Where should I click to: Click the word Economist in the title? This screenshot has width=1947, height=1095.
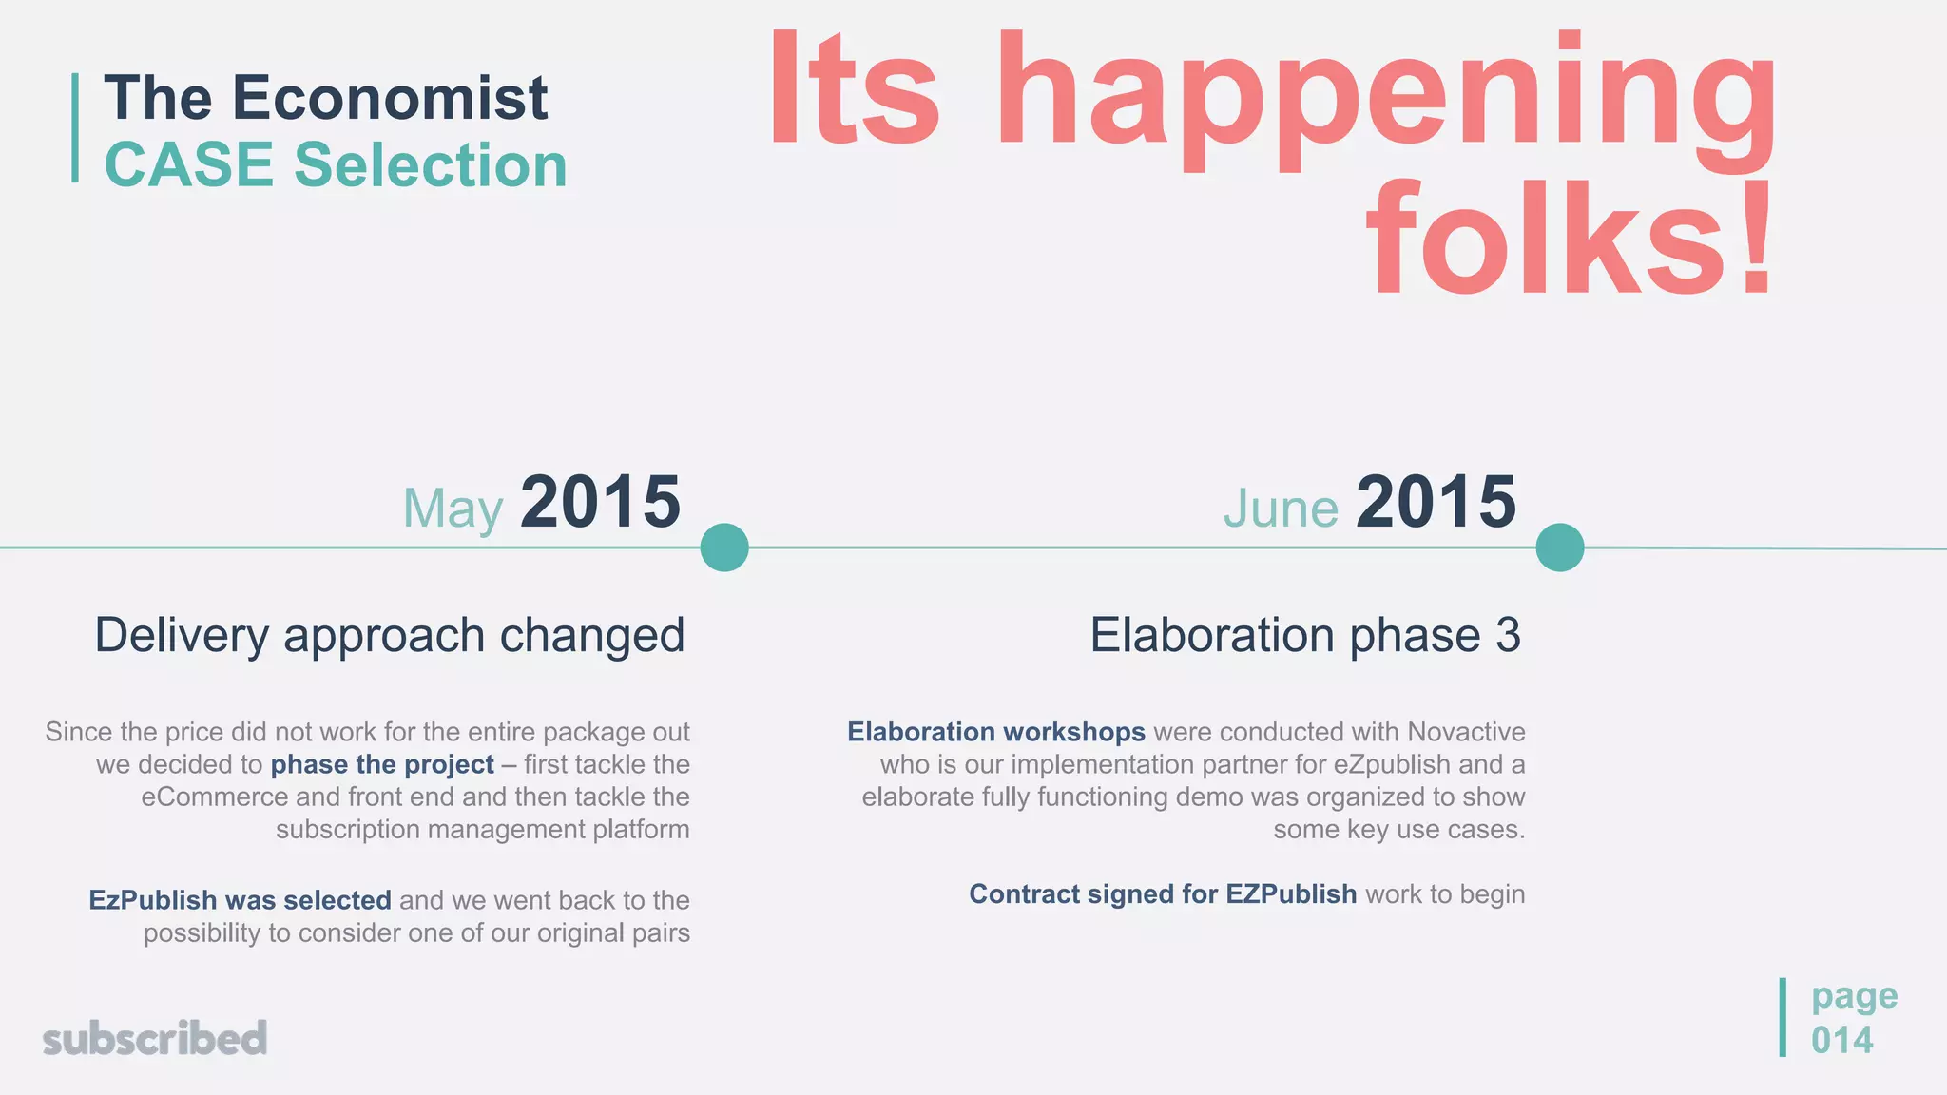(390, 98)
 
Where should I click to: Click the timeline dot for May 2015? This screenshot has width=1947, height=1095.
(724, 547)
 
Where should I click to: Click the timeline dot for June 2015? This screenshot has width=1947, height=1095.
(1560, 547)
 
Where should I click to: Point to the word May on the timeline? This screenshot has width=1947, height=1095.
(453, 509)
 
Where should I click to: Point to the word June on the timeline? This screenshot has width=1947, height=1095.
(1281, 509)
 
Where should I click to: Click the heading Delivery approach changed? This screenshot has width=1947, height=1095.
(390, 635)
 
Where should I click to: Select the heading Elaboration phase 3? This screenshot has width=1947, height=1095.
(1304, 635)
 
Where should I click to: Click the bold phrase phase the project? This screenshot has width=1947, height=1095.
(382, 764)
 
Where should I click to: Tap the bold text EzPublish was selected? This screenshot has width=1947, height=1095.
(240, 900)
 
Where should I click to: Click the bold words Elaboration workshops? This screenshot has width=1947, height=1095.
(996, 732)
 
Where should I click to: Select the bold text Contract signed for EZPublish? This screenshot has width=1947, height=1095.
(1162, 894)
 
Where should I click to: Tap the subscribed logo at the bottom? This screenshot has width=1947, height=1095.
(155, 1039)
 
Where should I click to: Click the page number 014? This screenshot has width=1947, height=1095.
(1841, 1040)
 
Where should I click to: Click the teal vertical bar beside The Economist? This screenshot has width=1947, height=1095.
(75, 127)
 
